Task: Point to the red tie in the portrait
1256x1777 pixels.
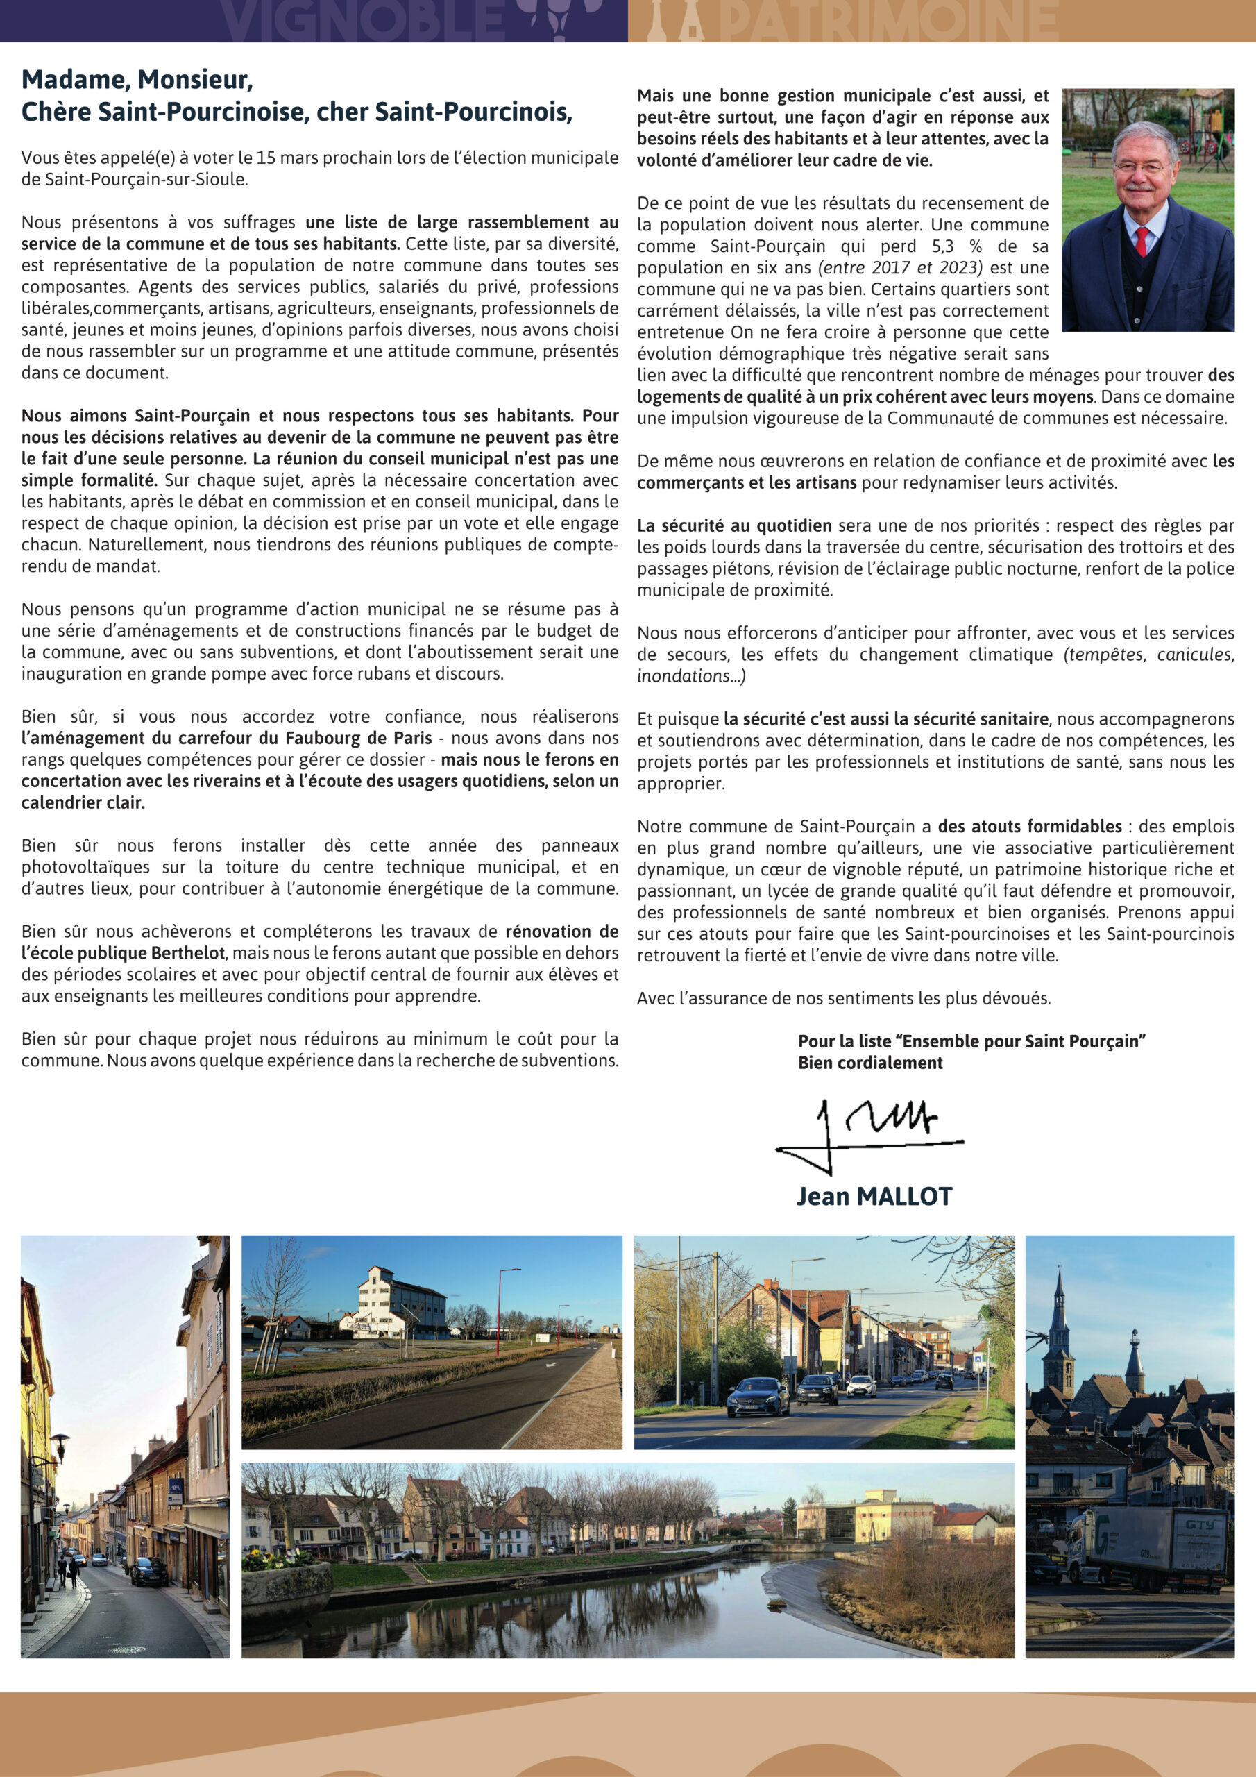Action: point(1142,242)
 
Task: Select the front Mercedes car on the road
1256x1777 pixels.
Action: point(758,1396)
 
